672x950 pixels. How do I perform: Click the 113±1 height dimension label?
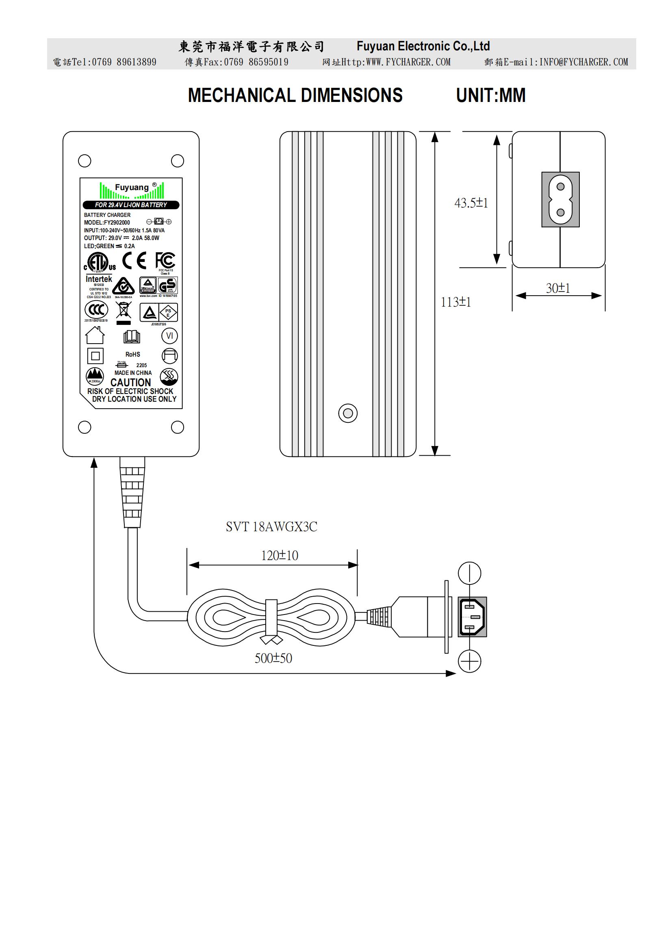(455, 302)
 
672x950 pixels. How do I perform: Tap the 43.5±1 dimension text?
(471, 203)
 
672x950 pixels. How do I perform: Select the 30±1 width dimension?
(558, 288)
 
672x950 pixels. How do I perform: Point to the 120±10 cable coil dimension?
(279, 555)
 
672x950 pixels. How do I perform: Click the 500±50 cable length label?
(273, 658)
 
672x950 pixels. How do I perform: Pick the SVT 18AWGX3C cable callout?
(271, 527)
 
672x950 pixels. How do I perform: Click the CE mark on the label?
(134, 261)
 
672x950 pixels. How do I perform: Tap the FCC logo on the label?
(165, 261)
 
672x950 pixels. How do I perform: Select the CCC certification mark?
(96, 309)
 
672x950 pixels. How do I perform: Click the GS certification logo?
(167, 285)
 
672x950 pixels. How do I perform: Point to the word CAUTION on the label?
(130, 382)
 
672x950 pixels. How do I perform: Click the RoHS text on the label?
(133, 354)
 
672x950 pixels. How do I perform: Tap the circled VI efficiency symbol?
(170, 335)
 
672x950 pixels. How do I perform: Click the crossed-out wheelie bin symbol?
(124, 311)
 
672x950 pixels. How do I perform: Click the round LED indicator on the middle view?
(348, 413)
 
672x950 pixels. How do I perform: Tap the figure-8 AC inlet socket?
(560, 199)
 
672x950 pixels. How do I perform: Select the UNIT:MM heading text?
(490, 95)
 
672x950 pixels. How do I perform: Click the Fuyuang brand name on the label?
(132, 187)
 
